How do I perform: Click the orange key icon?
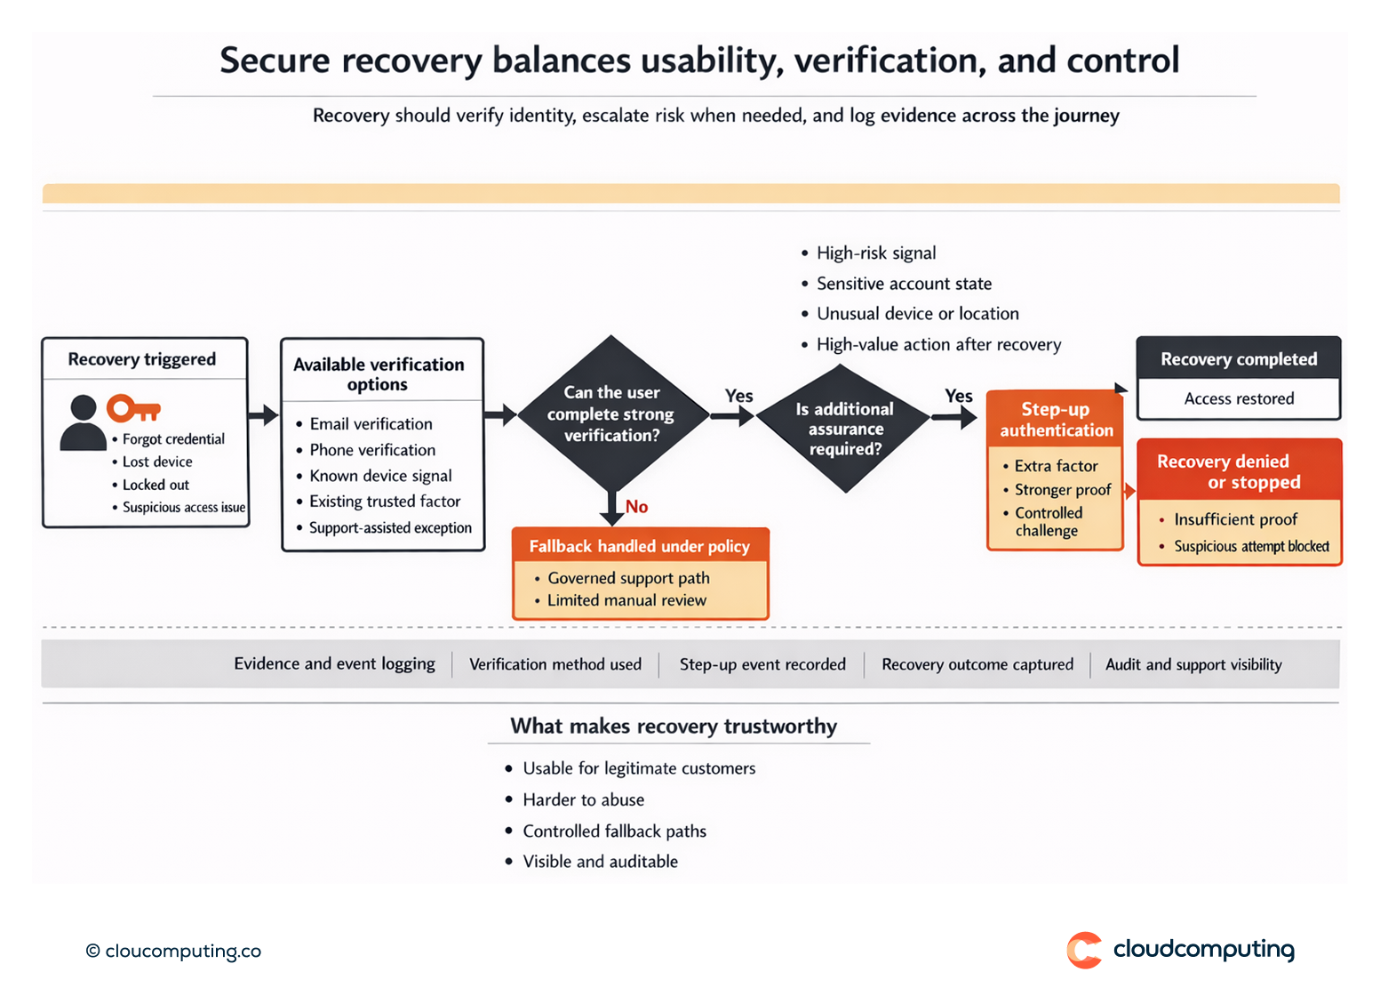(x=132, y=409)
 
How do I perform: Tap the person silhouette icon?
(x=83, y=423)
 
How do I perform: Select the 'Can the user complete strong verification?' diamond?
(x=611, y=414)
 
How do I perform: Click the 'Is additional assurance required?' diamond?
(x=844, y=429)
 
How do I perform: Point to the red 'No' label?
(x=636, y=507)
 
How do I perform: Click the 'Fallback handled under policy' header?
(x=640, y=546)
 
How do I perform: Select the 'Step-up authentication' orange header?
(x=1056, y=420)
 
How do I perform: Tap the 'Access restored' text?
(x=1239, y=399)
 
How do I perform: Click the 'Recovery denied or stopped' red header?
(x=1239, y=471)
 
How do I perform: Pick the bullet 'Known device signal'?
(x=380, y=476)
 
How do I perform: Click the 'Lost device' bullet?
(x=157, y=462)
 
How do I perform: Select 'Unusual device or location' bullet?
(x=917, y=314)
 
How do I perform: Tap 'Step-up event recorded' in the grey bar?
(x=762, y=664)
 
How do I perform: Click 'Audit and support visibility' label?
(x=1193, y=664)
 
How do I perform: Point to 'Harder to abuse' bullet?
(x=583, y=799)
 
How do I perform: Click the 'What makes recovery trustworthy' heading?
(x=674, y=727)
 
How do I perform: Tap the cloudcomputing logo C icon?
(x=1084, y=950)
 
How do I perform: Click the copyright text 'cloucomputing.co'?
(x=182, y=951)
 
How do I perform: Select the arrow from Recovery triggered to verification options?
(x=264, y=414)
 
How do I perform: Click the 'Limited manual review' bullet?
(x=626, y=600)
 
